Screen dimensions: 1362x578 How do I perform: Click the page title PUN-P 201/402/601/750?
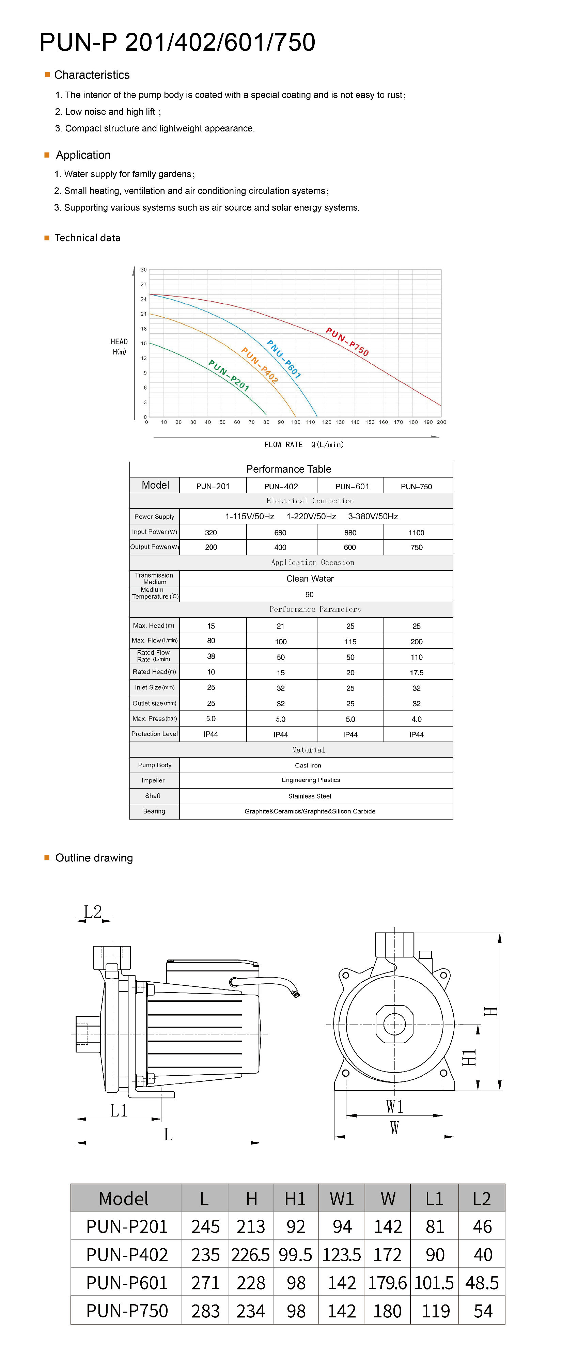tap(177, 42)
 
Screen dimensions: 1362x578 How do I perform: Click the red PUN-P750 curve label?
tap(347, 342)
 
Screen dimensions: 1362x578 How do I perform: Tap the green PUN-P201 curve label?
tap(229, 375)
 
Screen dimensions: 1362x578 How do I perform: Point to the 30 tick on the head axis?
tap(143, 270)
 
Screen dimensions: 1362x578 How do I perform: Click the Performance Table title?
tap(289, 469)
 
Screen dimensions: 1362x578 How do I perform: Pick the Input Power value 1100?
tap(416, 533)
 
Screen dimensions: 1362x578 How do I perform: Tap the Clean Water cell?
tap(310, 579)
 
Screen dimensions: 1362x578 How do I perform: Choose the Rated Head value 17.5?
tap(416, 672)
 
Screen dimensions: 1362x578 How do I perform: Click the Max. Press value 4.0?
tap(416, 719)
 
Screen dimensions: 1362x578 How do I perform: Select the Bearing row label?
tap(154, 811)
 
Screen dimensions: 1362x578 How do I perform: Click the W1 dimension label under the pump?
tap(394, 1106)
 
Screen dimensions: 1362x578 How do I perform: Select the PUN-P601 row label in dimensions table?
tap(127, 1283)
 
